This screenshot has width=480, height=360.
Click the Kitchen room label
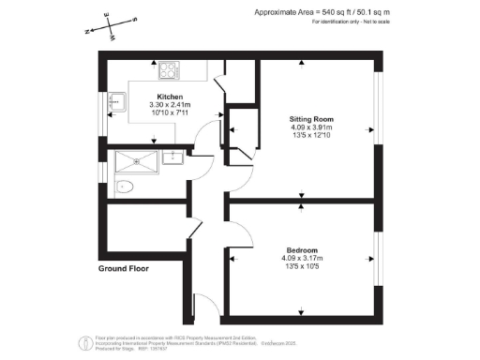click(170, 97)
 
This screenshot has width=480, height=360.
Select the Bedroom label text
click(301, 250)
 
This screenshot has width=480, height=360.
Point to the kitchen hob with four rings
click(170, 69)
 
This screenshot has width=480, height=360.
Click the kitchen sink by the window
click(116, 101)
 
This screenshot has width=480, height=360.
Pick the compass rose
click(110, 29)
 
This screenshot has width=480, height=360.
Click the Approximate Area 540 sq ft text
click(322, 11)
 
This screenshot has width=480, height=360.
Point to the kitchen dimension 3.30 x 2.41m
click(170, 105)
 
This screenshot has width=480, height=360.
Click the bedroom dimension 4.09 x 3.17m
click(301, 259)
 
